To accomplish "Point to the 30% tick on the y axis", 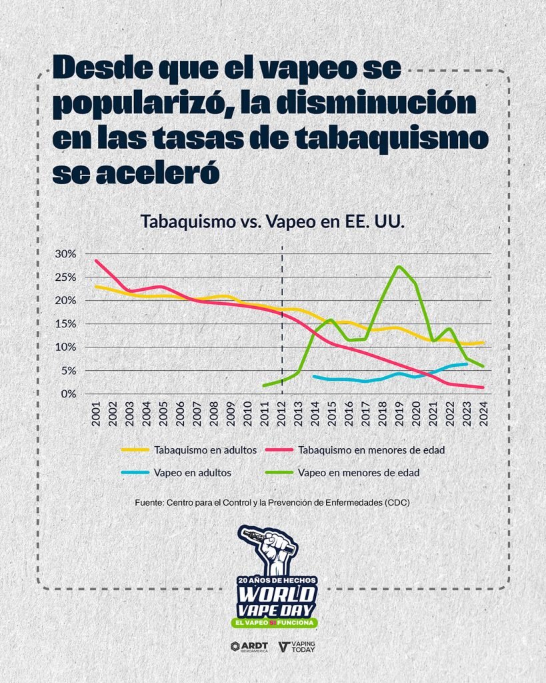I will tap(66, 253).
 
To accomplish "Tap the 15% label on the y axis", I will tap(66, 323).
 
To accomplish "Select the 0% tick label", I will tap(69, 394).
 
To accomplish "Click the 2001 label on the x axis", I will tap(97, 416).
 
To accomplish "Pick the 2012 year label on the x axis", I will tap(282, 416).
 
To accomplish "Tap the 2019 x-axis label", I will tap(399, 416).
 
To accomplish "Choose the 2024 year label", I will tap(483, 416).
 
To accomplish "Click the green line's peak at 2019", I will tap(399, 267).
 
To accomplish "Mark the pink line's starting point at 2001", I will tap(96, 260).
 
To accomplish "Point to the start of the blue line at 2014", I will tap(314, 376).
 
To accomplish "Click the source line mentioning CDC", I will tap(271, 502).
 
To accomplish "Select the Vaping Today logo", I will tap(297, 646).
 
